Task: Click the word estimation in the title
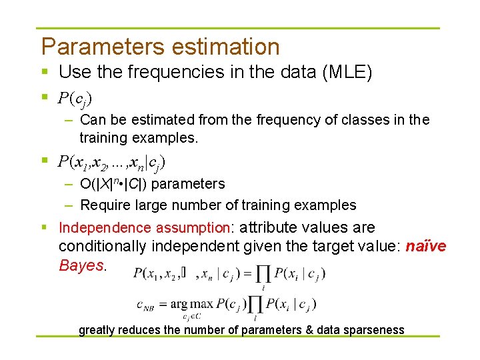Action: click(x=226, y=47)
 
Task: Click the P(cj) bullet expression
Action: click(x=75, y=99)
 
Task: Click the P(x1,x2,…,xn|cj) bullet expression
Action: click(x=111, y=161)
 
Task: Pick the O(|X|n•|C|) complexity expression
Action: click(x=123, y=184)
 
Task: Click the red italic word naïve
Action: click(x=426, y=247)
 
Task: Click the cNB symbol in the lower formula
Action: click(x=149, y=305)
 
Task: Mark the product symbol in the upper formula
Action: click(x=263, y=273)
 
